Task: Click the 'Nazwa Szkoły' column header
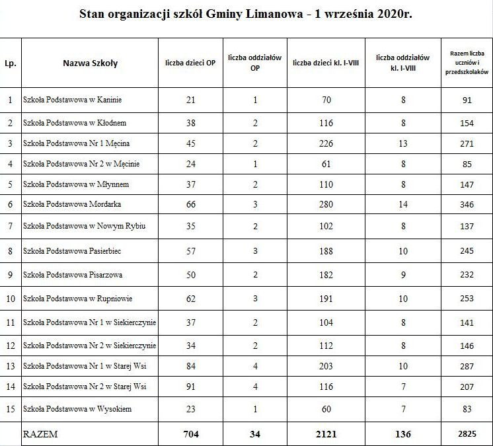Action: click(91, 63)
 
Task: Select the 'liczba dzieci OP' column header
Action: click(191, 63)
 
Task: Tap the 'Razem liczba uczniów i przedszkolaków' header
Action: click(467, 63)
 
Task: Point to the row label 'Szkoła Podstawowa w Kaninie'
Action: click(73, 100)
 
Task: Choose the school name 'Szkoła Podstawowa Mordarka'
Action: click(72, 204)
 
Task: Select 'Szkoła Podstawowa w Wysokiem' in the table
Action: click(77, 409)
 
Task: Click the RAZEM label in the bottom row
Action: click(40, 434)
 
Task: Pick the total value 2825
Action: click(467, 434)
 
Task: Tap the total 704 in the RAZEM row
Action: click(191, 434)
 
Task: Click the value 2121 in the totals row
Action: click(326, 434)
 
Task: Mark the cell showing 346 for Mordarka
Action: click(467, 205)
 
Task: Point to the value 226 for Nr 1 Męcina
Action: click(326, 143)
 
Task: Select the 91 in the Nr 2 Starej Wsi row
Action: click(191, 386)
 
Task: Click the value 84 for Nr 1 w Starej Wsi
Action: click(191, 366)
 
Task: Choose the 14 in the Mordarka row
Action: click(403, 205)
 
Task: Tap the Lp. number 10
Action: click(10, 299)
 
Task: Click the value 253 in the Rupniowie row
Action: click(467, 299)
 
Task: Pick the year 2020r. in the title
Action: click(392, 13)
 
